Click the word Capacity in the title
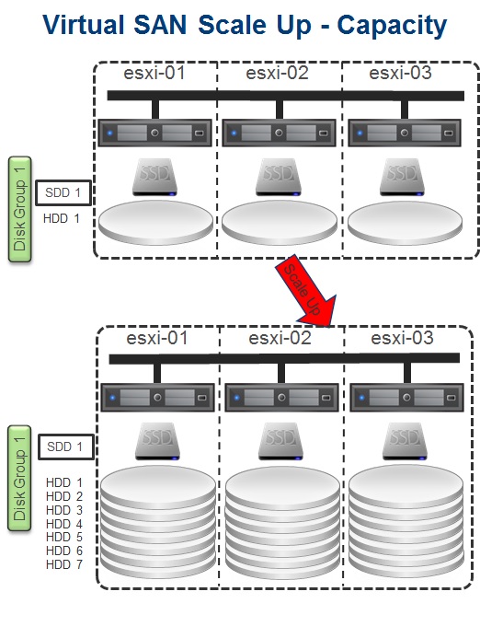point(392,26)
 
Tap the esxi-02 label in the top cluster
point(277,74)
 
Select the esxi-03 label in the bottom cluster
point(402,338)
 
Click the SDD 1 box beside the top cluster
point(63,192)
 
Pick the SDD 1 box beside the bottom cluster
point(66,447)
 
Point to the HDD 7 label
point(64,564)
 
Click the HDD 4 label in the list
point(64,524)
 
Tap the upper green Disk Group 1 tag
point(20,209)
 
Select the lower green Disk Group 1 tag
point(19,478)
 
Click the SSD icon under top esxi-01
point(154,178)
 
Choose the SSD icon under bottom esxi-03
point(405,442)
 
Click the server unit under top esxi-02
point(280,133)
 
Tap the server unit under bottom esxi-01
point(157,398)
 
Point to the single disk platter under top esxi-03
point(405,223)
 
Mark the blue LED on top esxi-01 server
point(109,133)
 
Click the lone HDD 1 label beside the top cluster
point(62,219)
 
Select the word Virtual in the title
point(84,25)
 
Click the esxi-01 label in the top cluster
point(154,74)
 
